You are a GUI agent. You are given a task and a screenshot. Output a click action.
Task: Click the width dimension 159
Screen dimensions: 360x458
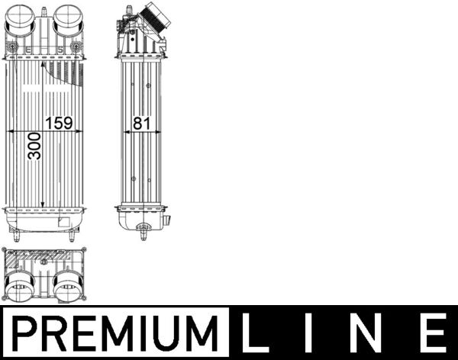coord(60,122)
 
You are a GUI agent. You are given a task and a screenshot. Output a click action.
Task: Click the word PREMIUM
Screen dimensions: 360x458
coord(114,333)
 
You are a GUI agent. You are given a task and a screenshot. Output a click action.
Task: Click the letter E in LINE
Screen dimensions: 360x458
coord(434,333)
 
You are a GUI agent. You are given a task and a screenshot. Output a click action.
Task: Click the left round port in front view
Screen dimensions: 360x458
coord(21,19)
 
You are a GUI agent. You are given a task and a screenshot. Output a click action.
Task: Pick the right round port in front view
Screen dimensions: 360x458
coord(67,19)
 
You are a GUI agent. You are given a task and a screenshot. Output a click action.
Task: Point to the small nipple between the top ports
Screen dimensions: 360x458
coord(44,13)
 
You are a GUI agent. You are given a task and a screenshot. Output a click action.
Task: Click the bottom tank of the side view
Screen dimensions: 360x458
coord(143,219)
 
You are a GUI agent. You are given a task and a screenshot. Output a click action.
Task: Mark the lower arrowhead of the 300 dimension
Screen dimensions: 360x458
coord(43,206)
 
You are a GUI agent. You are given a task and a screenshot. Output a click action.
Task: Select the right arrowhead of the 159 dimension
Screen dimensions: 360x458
coord(80,130)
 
